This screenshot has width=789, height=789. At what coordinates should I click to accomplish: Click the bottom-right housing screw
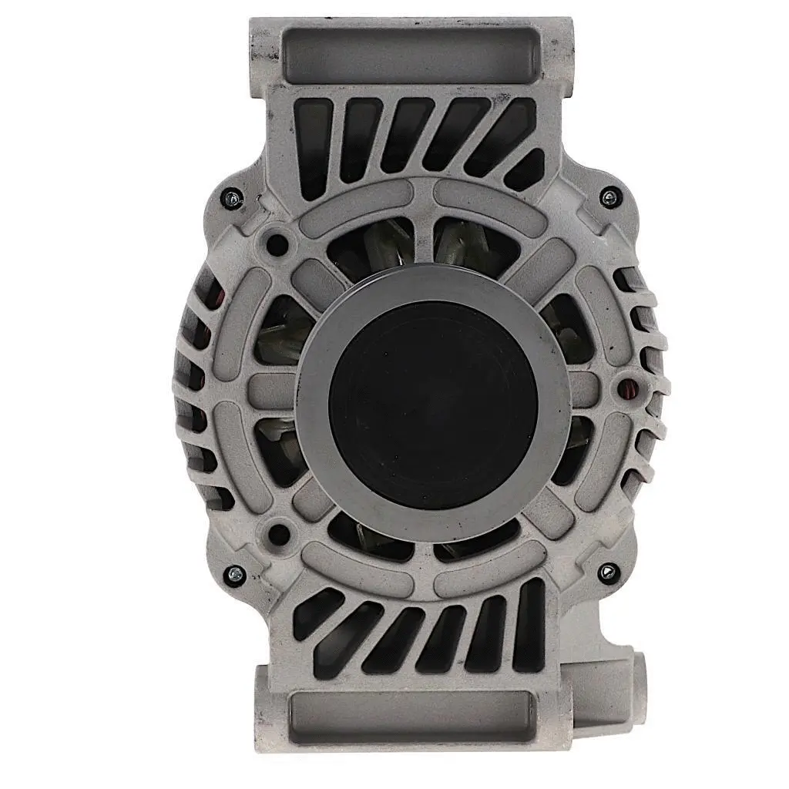[x=608, y=572]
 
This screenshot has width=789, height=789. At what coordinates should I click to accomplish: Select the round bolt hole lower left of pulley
[x=280, y=532]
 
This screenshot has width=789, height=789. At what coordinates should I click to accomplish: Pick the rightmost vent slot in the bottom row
[x=529, y=624]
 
